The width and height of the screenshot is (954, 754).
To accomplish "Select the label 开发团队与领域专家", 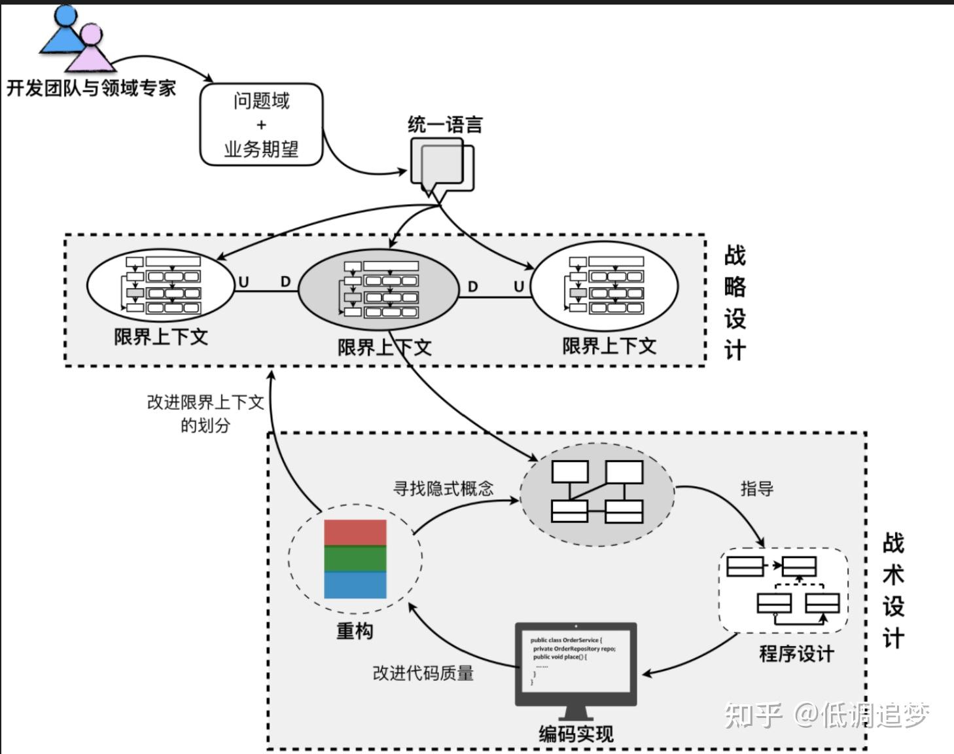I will pos(92,88).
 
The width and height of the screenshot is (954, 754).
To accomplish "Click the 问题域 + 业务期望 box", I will pos(261,124).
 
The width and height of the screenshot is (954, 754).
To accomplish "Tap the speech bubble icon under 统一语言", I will pos(440,165).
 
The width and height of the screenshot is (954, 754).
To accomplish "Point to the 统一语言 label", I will pos(445,124).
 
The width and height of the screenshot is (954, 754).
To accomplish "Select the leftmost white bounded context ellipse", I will pos(161,285).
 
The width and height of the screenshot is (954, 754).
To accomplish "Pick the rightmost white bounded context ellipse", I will pos(604,285).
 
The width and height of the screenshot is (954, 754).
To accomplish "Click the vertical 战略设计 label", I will pos(735,302).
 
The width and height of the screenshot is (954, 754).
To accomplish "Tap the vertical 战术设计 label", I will pos(893,590).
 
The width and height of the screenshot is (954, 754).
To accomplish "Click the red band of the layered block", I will pos(355,533).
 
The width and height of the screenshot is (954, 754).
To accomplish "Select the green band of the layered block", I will pos(355,559).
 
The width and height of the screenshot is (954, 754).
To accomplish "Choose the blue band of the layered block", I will pos(355,585).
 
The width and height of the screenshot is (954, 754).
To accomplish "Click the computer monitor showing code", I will pos(576,662).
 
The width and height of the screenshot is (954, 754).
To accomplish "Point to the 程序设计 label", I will pos(796,653).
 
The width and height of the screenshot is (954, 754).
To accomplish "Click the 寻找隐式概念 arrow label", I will pos(443,488).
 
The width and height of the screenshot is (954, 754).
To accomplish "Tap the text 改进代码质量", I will pos(423,673).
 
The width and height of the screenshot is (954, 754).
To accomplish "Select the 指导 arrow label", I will pos(756,488).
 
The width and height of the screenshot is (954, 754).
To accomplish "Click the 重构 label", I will pos(355,630).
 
